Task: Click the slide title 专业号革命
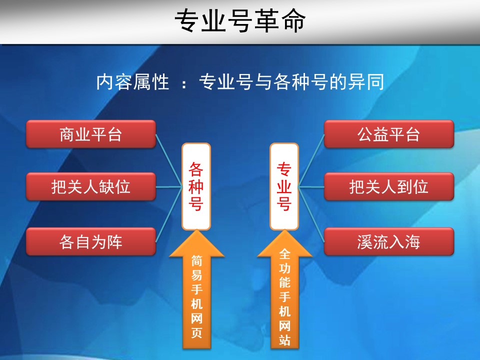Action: (x=240, y=21)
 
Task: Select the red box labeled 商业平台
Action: (x=90, y=134)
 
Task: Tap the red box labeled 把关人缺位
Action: (x=90, y=186)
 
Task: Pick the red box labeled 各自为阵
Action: (x=90, y=242)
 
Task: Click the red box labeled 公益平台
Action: (x=388, y=134)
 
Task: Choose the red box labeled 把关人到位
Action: (x=388, y=186)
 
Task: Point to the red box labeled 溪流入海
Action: (x=388, y=242)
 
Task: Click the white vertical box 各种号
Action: (x=196, y=186)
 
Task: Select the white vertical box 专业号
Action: (x=284, y=186)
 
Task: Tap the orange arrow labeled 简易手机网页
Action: (x=196, y=295)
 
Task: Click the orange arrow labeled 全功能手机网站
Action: (x=284, y=295)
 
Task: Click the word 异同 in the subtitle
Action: (x=367, y=82)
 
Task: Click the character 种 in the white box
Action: (x=196, y=186)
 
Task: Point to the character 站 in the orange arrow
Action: (x=284, y=340)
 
